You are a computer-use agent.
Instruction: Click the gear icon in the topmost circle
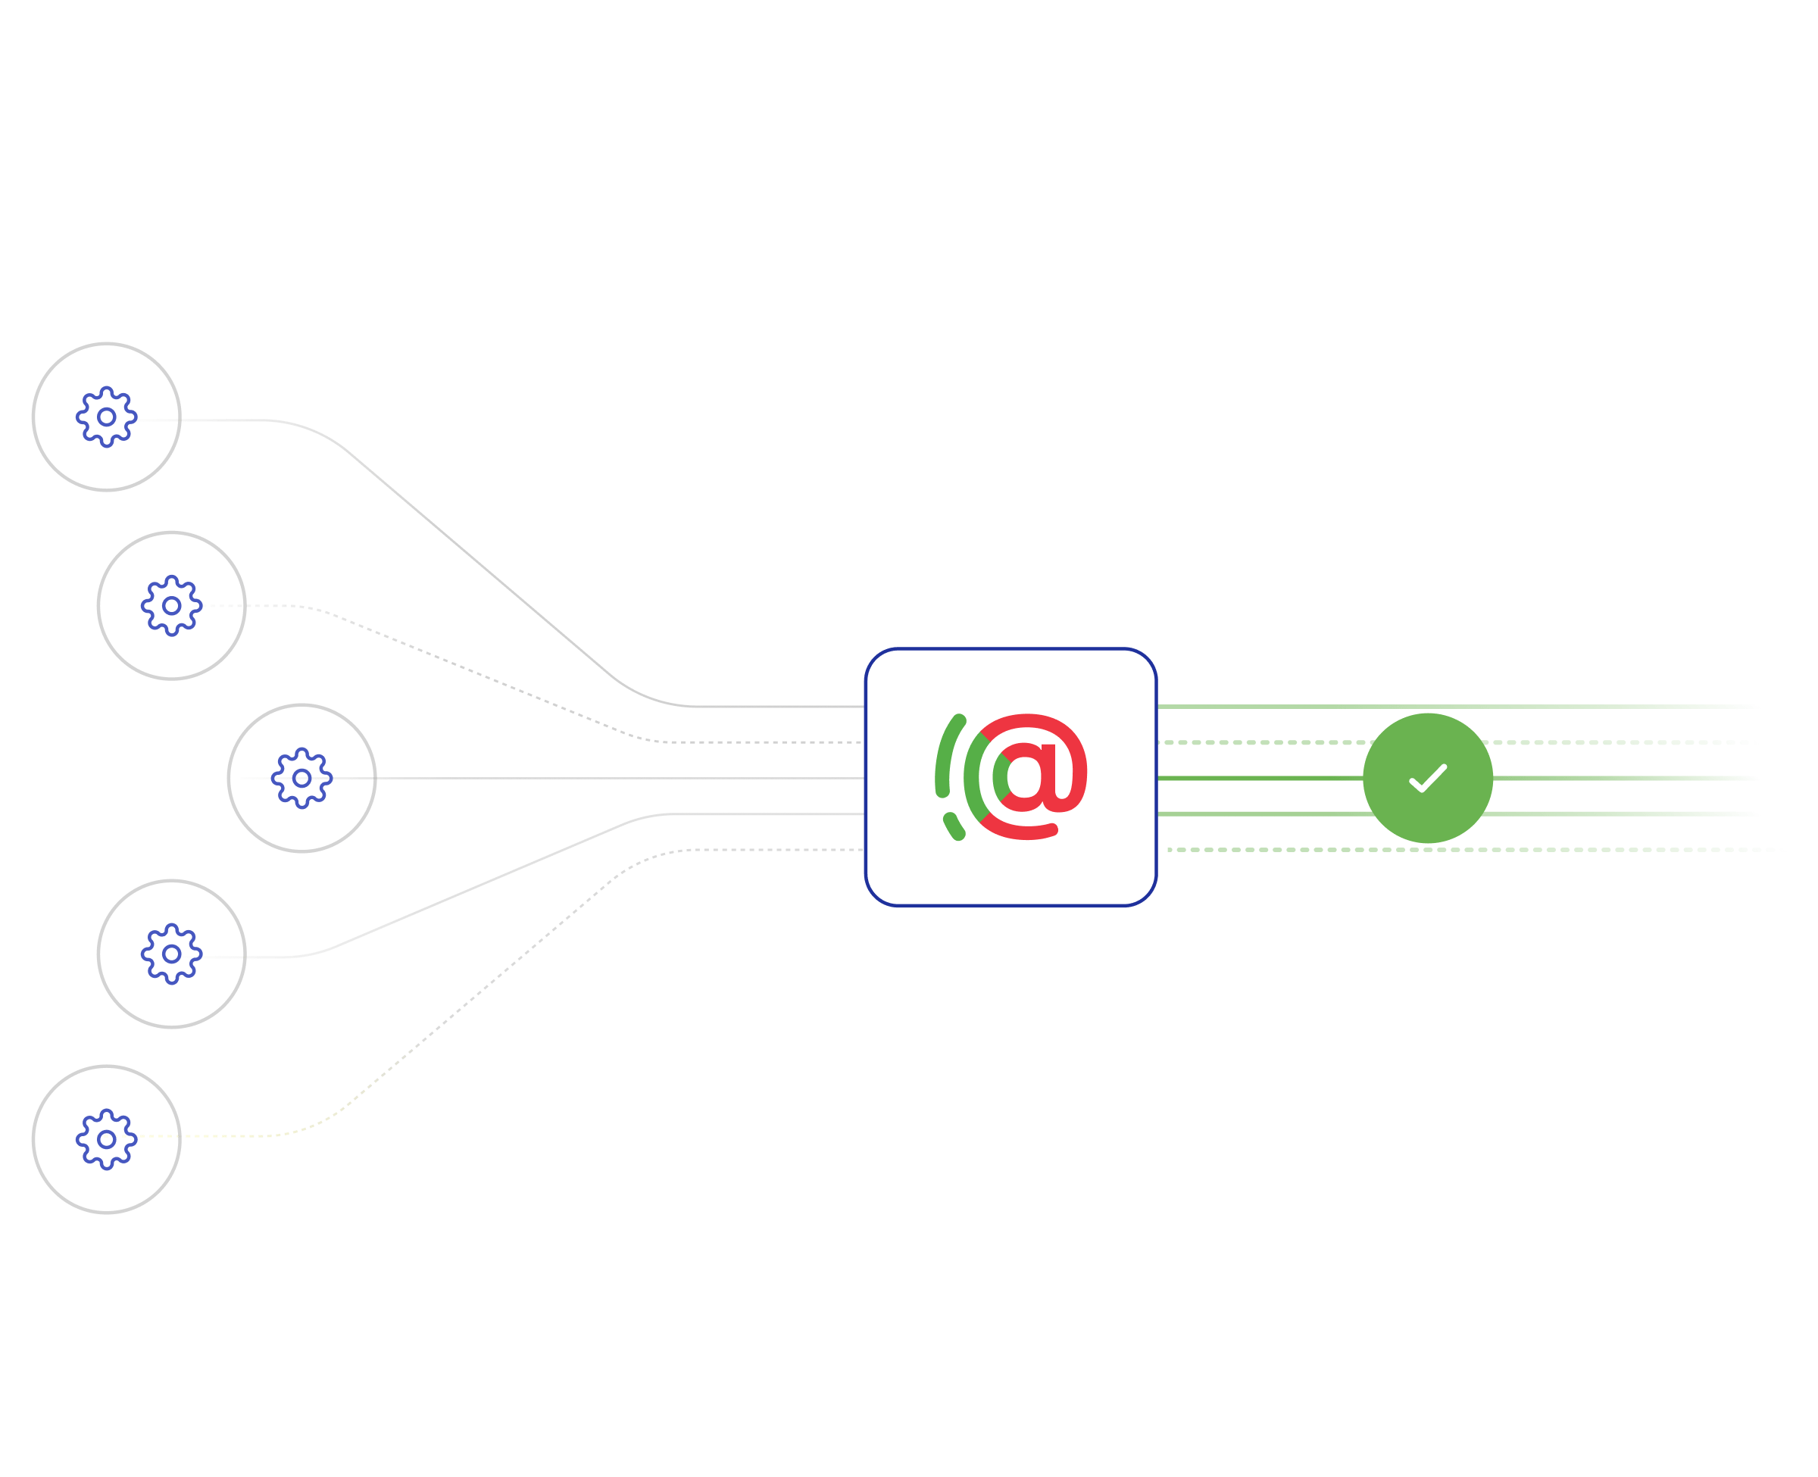point(106,417)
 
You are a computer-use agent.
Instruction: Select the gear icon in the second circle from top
point(172,606)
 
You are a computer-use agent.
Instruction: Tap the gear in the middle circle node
point(302,779)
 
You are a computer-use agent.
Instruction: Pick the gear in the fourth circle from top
point(172,954)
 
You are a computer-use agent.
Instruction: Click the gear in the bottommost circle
point(106,1139)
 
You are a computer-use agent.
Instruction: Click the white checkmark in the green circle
point(1428,779)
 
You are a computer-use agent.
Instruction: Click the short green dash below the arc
point(954,826)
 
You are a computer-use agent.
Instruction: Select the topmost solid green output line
point(1446,706)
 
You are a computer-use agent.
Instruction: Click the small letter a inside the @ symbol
point(1028,773)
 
